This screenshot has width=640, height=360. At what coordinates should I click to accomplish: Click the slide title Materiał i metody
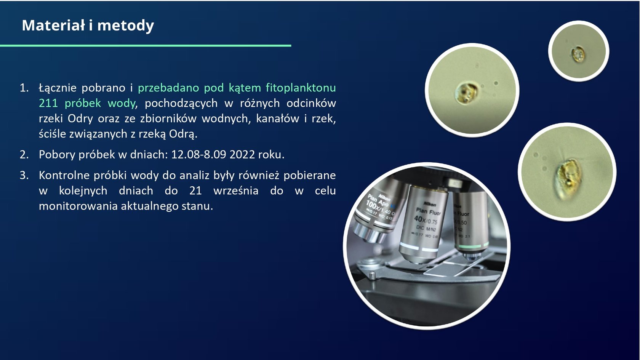tap(88, 26)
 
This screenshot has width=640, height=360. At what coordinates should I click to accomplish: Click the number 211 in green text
tap(48, 103)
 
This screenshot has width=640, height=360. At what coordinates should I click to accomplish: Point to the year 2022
tap(242, 155)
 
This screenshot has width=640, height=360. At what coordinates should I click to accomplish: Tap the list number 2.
tap(24, 155)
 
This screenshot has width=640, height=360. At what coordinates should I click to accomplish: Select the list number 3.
tap(24, 175)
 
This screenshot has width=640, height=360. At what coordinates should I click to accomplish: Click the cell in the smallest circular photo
tap(578, 54)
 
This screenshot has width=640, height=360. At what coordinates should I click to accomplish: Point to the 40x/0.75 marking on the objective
tap(426, 220)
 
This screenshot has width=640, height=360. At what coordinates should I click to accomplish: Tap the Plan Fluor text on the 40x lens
tap(428, 212)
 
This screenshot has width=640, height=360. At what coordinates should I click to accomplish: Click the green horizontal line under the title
tap(146, 45)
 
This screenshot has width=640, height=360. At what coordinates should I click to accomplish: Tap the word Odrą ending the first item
tap(183, 134)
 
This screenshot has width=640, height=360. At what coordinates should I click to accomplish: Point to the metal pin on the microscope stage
tap(372, 275)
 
